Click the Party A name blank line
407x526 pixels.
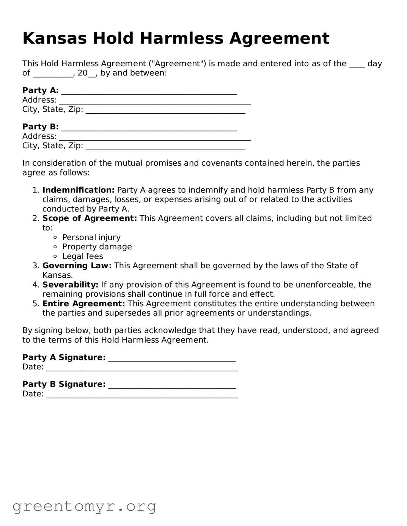tap(149, 91)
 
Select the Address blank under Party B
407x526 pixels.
tap(155, 137)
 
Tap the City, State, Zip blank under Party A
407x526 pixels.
tap(165, 110)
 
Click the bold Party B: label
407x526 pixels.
tap(40, 127)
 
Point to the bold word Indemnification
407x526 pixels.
tap(78, 190)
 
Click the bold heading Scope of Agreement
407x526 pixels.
tap(90, 218)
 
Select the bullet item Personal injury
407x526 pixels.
tap(91, 237)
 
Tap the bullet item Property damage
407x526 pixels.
tap(97, 247)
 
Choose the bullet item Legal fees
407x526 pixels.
tap(82, 256)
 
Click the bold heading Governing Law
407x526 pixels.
tap(77, 266)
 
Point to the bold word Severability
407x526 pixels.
tap(70, 285)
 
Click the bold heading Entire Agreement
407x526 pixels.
tap(83, 304)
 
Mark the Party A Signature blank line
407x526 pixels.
tap(172, 358)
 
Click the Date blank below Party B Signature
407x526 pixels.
tap(142, 394)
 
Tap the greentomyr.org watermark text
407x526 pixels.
tap(84, 506)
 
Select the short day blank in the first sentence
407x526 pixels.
tap(357, 64)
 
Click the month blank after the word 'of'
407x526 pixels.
tap(53, 74)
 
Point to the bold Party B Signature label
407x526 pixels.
tap(64, 384)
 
